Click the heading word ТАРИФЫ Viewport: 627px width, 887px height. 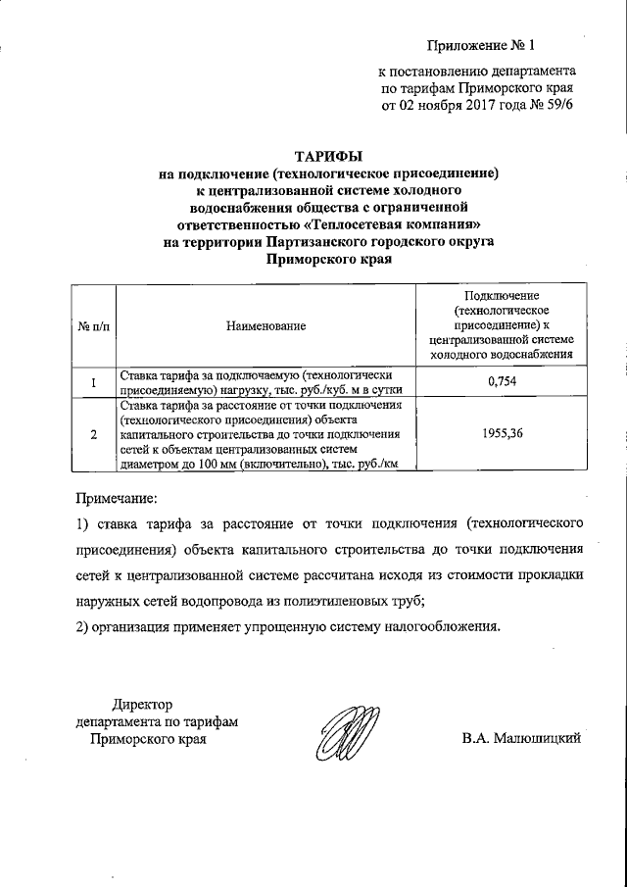tap(329, 156)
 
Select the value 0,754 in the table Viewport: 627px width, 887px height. tap(501, 380)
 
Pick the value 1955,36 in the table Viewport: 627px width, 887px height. tap(501, 429)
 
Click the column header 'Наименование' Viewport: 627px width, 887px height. tap(265, 324)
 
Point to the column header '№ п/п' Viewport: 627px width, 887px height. tap(93, 324)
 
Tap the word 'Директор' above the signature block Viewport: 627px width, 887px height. tap(141, 705)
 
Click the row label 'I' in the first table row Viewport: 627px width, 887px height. tap(93, 381)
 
